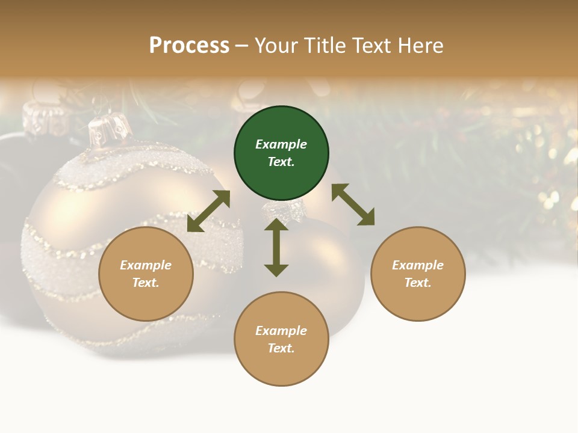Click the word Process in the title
point(189,46)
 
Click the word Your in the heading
point(276,46)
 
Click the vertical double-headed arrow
point(276,247)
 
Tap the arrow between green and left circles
point(208,211)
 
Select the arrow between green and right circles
point(353,204)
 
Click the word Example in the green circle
point(281,144)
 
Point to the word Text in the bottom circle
point(281,348)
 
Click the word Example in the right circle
point(418,265)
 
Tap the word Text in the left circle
point(146,283)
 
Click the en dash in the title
point(242,46)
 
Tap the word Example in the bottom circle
point(281,331)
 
